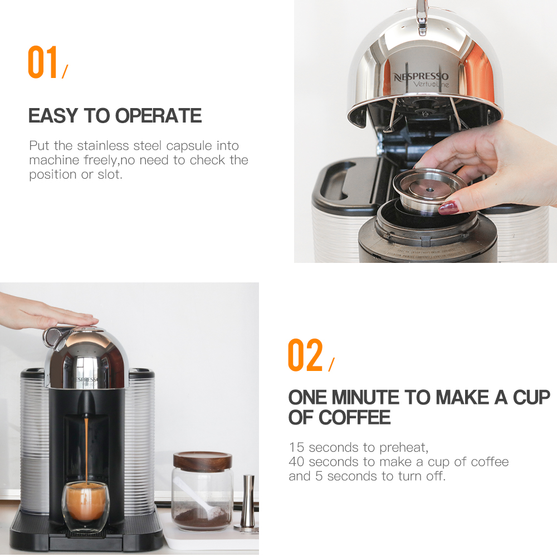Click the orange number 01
[x=43, y=62]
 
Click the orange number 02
[x=305, y=355]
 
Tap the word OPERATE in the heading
[x=159, y=116]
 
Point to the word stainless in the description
[x=104, y=146]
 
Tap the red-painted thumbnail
[x=448, y=208]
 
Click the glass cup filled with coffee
[x=85, y=507]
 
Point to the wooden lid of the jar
[x=202, y=460]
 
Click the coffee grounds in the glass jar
[x=201, y=518]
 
